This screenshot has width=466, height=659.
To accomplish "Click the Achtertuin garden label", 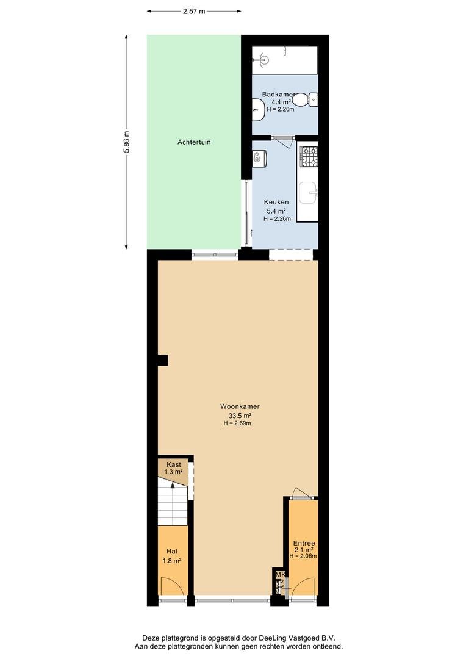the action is click(194, 142).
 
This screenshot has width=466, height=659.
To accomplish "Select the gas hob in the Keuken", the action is click(309, 156).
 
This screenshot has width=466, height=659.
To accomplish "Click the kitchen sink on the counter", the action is click(309, 193).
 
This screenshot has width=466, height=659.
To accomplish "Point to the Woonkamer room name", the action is click(240, 406).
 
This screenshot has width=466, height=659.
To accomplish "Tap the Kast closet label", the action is click(174, 464).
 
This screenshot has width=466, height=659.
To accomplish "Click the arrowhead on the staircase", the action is click(172, 485).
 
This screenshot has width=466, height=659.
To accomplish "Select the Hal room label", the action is click(172, 552).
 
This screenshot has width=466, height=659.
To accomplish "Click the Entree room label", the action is click(304, 543).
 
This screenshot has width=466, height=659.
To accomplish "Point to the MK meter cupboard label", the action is click(280, 575).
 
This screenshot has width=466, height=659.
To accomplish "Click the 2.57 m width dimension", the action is click(194, 12).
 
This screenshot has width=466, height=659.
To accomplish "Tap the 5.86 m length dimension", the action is click(126, 142).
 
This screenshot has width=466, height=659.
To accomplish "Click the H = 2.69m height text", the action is click(237, 423).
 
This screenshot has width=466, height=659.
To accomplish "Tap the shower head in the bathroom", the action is click(263, 59).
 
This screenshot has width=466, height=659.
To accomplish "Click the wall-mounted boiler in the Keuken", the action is click(260, 157).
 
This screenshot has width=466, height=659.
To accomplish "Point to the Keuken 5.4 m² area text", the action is click(277, 211).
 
